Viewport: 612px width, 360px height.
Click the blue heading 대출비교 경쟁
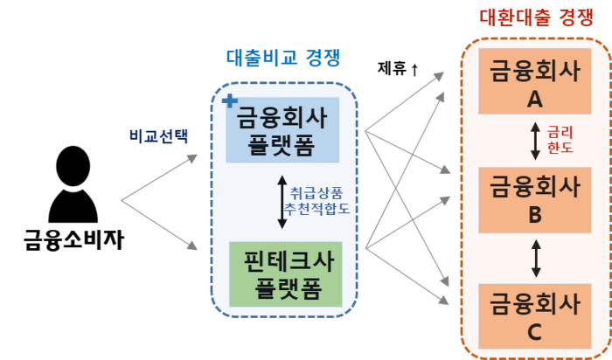283,59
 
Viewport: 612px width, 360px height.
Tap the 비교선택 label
157,135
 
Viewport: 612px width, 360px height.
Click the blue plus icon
229,100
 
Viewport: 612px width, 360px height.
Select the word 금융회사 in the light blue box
282,117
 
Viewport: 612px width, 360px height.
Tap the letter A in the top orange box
535,100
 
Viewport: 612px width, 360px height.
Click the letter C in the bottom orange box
535,332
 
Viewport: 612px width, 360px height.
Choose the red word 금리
560,133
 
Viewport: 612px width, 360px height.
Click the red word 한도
560,149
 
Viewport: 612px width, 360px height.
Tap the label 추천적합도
316,210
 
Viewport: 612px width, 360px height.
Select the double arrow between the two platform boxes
282,202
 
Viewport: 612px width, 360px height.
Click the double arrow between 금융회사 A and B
535,142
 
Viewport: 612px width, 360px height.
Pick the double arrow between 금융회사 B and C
535,259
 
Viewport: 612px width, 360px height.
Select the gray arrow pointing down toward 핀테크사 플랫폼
162,226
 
